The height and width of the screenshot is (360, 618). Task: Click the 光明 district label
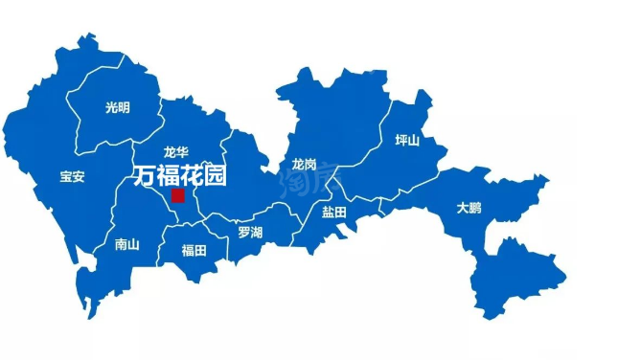[117, 108]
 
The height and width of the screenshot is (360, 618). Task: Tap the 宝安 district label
[72, 176]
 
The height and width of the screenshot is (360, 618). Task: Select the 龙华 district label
[175, 151]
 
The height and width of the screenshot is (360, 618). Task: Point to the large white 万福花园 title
[178, 175]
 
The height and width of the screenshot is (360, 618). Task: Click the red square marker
[177, 195]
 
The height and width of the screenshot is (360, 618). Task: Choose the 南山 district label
[126, 244]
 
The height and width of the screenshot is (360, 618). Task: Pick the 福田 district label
[194, 251]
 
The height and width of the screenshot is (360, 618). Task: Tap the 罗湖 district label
[250, 232]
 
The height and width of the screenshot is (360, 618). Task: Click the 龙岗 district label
[305, 164]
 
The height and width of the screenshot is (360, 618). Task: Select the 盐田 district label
[333, 212]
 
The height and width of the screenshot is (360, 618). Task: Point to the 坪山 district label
[407, 141]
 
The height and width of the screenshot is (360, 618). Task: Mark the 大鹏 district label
[469, 207]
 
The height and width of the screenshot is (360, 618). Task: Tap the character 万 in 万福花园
[143, 175]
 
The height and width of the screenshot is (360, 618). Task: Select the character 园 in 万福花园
[214, 175]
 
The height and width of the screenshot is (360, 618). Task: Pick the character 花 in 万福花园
[190, 175]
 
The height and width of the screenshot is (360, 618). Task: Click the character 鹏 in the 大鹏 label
[476, 207]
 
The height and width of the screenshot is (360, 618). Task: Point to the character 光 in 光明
[110, 108]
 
